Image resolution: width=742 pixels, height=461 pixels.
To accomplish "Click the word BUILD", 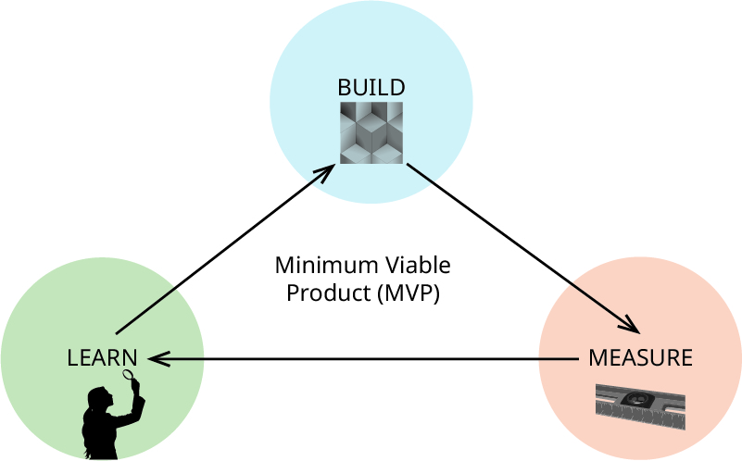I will pyautogui.click(x=371, y=88).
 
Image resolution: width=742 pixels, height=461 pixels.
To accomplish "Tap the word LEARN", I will pyautogui.click(x=102, y=357).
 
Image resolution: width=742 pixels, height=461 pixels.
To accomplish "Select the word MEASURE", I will pyautogui.click(x=640, y=357).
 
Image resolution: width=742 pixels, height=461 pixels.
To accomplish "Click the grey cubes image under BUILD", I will pyautogui.click(x=371, y=133).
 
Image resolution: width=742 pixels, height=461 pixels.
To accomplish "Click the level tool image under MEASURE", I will pyautogui.click(x=640, y=406).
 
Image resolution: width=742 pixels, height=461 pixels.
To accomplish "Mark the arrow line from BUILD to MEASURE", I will pyautogui.click(x=519, y=245).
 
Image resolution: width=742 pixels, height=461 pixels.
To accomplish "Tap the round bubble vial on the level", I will pyautogui.click(x=638, y=400).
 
